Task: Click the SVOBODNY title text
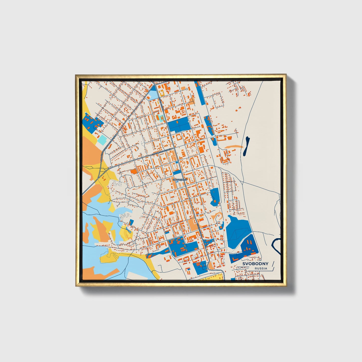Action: click(255, 264)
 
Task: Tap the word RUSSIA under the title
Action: click(261, 269)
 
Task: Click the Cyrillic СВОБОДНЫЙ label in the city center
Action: click(180, 180)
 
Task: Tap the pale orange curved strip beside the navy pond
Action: click(233, 147)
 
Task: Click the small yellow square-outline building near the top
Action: click(162, 93)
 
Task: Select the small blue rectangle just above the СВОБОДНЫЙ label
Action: click(177, 172)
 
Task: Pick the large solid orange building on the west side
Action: click(134, 171)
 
